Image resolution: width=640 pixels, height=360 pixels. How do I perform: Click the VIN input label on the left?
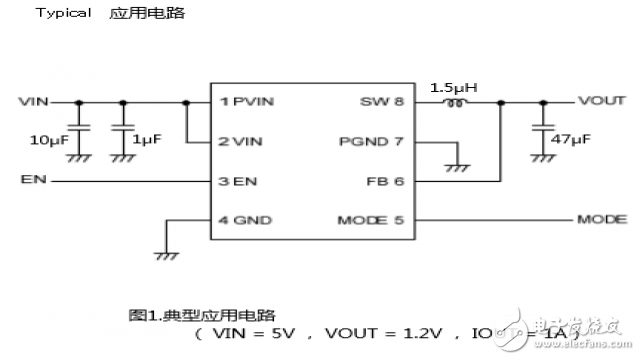33,102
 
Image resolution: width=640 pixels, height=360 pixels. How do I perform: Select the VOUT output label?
602,102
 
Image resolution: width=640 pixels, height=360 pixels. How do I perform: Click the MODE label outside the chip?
602,219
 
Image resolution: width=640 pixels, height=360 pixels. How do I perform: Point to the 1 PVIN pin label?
246,102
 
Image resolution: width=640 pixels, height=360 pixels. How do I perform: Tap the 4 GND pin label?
244,220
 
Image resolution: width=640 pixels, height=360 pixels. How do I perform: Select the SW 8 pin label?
382,102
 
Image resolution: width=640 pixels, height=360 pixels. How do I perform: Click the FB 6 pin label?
384,181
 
